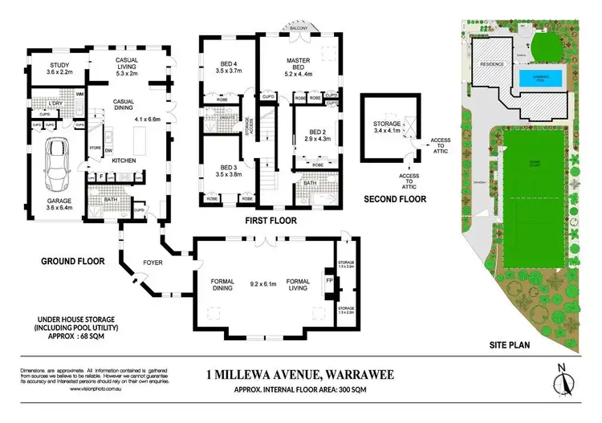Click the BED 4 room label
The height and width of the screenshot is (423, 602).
pyautogui.click(x=218, y=65)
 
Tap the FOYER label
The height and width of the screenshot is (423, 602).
pyautogui.click(x=153, y=261)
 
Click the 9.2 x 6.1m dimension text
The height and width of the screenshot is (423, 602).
pyautogui.click(x=262, y=283)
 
